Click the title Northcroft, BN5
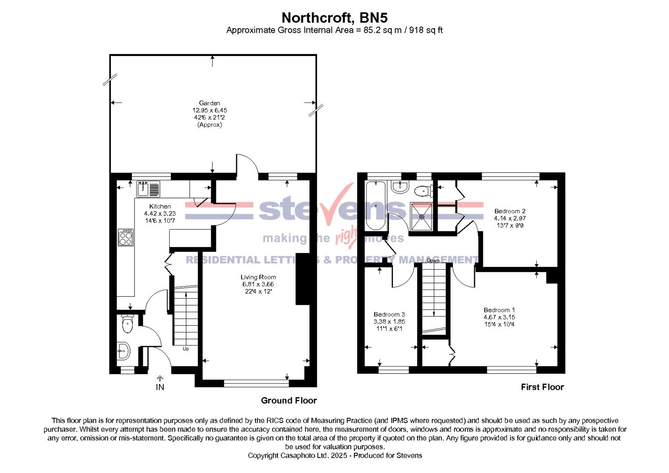[334, 18]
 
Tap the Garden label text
[209, 103]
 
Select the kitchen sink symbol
[149, 189]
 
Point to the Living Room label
[258, 277]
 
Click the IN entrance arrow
[160, 379]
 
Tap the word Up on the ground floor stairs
[186, 349]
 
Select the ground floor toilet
[127, 325]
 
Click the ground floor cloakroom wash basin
[124, 351]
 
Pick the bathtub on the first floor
[376, 206]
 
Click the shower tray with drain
[421, 216]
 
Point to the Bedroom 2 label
[510, 211]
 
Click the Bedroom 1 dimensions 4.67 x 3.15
[499, 317]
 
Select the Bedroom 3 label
[389, 314]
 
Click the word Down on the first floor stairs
[433, 261]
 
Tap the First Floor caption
[542, 387]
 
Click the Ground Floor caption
[289, 401]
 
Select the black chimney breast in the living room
[303, 279]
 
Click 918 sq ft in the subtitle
[426, 30]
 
